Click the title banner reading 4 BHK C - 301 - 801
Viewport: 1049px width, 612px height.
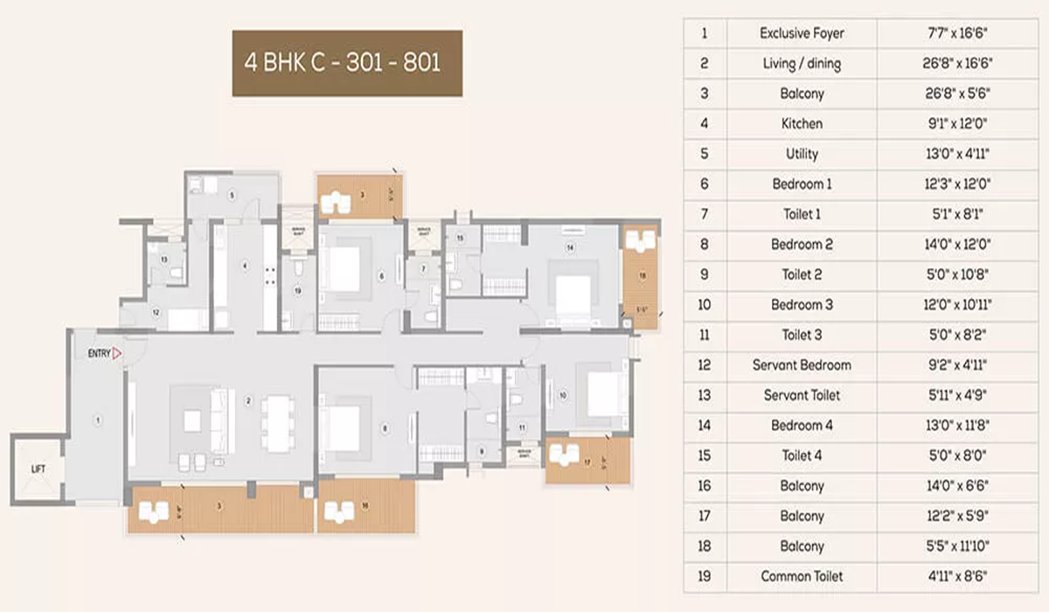point(347,63)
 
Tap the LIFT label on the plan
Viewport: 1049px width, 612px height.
point(37,469)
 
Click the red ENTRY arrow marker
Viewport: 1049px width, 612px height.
point(115,353)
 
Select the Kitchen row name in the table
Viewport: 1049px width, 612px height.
point(802,124)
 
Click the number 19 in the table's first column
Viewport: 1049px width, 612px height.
point(705,576)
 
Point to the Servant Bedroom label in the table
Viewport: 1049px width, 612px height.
point(802,365)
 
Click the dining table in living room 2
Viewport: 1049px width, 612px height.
point(277,424)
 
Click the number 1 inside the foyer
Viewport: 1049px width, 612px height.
point(98,421)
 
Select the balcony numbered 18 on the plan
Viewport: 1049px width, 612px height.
point(642,275)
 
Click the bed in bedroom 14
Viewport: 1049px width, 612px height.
point(573,293)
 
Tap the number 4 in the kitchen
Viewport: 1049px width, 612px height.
point(246,265)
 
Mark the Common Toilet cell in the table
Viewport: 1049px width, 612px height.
point(802,576)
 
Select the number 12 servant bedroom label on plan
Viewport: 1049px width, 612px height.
point(156,312)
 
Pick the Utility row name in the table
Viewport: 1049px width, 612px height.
point(802,154)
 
